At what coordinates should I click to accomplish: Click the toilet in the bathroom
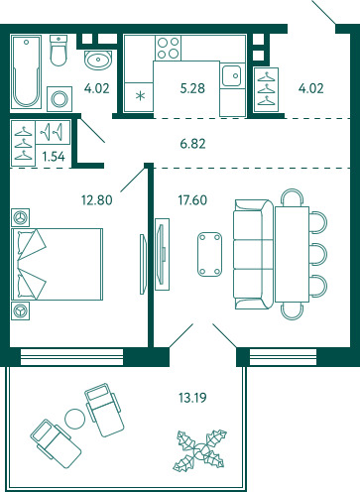tap(59, 51)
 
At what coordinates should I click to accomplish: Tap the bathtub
tap(26, 71)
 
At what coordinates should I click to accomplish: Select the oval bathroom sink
tap(98, 60)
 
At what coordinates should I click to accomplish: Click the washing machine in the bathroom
tap(60, 99)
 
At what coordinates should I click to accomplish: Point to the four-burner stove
tap(168, 48)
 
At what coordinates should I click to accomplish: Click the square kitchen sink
tap(231, 75)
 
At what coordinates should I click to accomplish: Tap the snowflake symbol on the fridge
tap(141, 96)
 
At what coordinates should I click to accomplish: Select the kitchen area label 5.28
tap(192, 88)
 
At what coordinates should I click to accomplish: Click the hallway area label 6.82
tap(192, 144)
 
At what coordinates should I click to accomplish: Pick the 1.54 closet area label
tap(54, 156)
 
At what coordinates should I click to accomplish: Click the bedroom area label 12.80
tap(97, 200)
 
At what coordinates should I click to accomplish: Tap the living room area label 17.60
tap(192, 200)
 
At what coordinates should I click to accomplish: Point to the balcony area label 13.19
tap(192, 397)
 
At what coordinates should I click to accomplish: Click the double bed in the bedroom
tap(57, 264)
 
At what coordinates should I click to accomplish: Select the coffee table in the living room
tap(209, 254)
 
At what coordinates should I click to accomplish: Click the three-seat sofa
tap(254, 254)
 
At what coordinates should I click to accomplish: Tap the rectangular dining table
tap(292, 254)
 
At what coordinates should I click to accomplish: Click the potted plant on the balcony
tap(200, 450)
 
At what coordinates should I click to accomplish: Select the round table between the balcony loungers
tap(74, 419)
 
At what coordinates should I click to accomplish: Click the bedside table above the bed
tap(20, 217)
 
